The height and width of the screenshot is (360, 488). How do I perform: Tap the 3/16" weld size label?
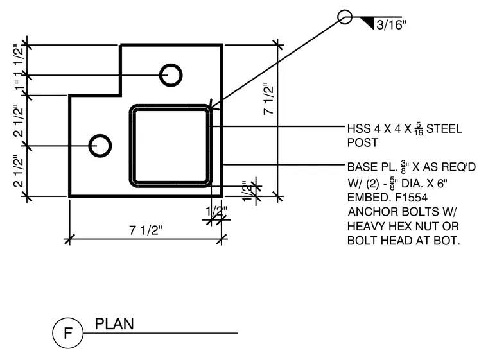pos(391,25)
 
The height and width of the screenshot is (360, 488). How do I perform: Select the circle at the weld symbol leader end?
pos(345,10)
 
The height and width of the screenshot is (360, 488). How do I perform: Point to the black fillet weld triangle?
pos(368,22)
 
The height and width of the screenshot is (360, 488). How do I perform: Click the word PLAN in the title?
pos(114,324)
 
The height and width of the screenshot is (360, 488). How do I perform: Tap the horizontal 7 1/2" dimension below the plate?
pos(146,230)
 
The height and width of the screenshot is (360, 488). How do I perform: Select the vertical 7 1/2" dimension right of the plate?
pos(268,99)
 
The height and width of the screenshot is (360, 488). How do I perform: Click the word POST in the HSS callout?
pos(363,142)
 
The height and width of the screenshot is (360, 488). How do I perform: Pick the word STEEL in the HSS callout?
pos(444,128)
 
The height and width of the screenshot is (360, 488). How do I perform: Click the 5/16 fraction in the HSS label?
pos(419,129)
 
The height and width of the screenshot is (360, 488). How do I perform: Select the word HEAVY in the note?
pos(366,227)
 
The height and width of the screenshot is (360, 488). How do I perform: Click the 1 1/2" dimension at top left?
pos(19,55)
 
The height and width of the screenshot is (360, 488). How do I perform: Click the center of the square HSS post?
pos(171,146)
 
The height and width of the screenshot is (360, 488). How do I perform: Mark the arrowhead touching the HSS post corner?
pos(214,107)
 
